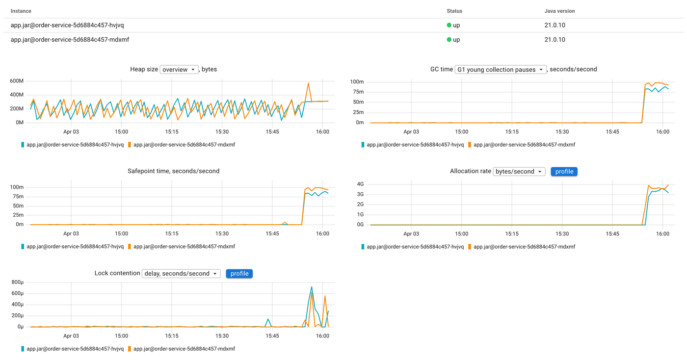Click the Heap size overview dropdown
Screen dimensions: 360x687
(179, 70)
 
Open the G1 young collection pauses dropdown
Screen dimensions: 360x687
(501, 70)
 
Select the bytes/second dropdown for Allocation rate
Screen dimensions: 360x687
(519, 172)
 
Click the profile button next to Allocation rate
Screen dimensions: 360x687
(564, 172)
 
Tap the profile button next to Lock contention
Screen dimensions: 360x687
(239, 274)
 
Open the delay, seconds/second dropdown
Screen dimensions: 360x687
(181, 274)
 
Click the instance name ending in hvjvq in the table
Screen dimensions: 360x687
(67, 25)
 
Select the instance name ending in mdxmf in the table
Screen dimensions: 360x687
(70, 40)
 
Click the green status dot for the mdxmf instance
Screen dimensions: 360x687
(449, 40)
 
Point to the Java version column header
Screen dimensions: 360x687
(559, 11)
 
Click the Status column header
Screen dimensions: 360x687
(454, 11)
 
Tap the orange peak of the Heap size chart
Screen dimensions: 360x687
(308, 83)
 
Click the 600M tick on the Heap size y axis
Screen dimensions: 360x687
(17, 81)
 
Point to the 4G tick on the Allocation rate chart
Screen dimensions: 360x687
(360, 184)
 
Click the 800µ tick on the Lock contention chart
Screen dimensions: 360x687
(17, 282)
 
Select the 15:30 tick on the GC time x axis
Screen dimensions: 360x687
(562, 132)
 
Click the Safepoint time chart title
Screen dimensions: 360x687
(173, 171)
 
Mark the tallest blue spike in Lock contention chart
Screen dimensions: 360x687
(312, 287)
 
